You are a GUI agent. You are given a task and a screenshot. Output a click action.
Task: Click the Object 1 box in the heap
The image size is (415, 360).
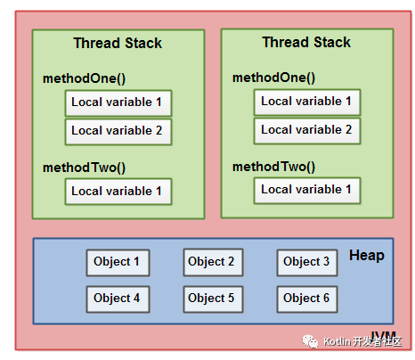tap(118, 262)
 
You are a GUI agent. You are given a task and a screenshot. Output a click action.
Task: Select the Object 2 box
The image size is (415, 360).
tap(213, 262)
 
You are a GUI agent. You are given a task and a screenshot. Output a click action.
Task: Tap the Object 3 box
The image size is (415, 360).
tap(306, 262)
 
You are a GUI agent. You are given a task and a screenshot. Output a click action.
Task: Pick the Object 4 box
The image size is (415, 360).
tap(118, 299)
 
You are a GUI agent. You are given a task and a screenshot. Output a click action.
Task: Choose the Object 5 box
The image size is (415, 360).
tap(213, 299)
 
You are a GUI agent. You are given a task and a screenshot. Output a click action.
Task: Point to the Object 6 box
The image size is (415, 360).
tap(306, 299)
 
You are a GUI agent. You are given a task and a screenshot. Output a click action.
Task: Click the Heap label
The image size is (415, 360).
tap(366, 256)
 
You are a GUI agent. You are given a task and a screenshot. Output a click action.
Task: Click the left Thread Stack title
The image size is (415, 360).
tap(118, 44)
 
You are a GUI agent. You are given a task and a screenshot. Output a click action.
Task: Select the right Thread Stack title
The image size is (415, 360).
tap(306, 43)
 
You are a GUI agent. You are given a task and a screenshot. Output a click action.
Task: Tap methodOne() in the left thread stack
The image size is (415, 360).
tap(84, 78)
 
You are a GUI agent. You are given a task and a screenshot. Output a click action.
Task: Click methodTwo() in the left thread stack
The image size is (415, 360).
tap(84, 167)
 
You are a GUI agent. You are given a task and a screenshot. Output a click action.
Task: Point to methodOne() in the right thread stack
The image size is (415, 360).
tap(273, 78)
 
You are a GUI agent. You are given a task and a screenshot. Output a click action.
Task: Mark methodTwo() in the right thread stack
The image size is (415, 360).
tap(273, 166)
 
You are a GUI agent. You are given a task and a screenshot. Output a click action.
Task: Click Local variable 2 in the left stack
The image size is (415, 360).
tap(118, 131)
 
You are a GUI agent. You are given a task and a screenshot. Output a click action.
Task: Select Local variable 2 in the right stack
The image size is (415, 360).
tap(306, 130)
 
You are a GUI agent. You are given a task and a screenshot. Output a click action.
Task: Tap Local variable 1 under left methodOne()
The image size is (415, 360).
tap(118, 102)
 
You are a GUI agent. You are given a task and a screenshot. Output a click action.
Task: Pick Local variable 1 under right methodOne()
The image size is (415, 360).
tap(306, 102)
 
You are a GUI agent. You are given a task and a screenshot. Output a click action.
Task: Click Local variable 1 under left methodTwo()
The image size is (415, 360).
tap(118, 191)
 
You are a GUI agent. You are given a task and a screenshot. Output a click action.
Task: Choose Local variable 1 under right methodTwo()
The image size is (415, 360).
tap(306, 190)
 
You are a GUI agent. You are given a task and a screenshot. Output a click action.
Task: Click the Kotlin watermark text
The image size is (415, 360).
tap(362, 342)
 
